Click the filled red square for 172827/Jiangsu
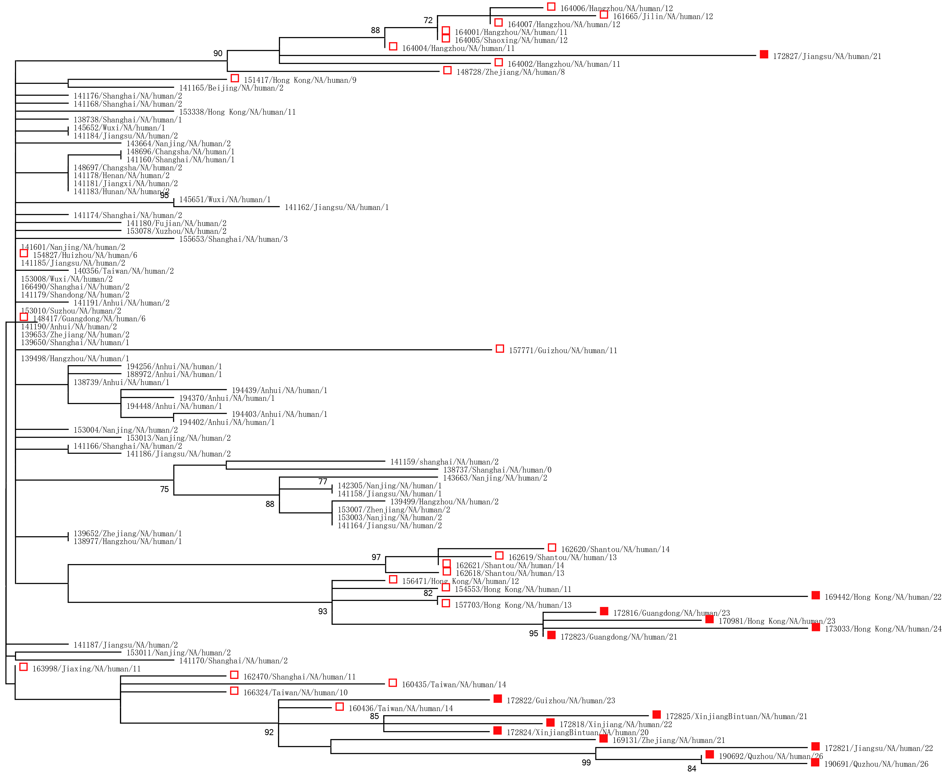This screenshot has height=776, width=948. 764,54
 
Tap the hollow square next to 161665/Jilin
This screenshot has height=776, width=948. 604,15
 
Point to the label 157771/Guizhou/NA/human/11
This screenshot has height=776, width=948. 563,350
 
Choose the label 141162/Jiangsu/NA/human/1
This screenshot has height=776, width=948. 337,207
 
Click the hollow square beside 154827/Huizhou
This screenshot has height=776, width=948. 24,254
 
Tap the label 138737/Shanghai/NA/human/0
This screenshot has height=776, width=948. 497,470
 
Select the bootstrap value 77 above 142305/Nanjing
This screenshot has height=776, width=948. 323,481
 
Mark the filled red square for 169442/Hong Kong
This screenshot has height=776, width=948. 816,595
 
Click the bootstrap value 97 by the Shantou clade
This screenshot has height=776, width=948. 376,557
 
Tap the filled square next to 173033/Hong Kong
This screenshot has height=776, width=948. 816,628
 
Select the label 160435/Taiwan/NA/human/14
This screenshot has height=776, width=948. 454,685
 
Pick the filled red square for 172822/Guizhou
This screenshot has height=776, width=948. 498,699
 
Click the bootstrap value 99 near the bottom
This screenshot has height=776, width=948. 586,763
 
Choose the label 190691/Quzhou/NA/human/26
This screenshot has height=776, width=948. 876,764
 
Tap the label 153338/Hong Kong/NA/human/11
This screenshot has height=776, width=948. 237,112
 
